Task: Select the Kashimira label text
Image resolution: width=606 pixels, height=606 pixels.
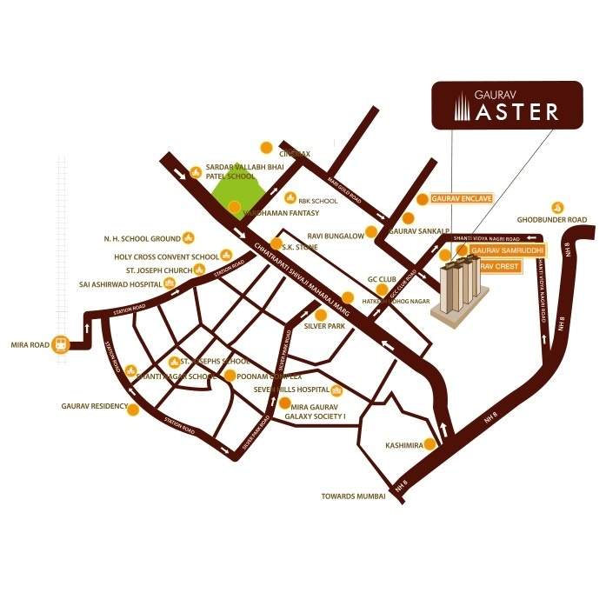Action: click(403, 445)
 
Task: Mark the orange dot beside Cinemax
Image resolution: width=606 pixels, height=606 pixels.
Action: click(268, 146)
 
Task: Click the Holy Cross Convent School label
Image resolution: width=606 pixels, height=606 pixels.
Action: click(166, 257)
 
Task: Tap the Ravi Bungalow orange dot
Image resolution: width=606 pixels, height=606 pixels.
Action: click(371, 232)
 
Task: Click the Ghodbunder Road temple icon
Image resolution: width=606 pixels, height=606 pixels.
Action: click(557, 208)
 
